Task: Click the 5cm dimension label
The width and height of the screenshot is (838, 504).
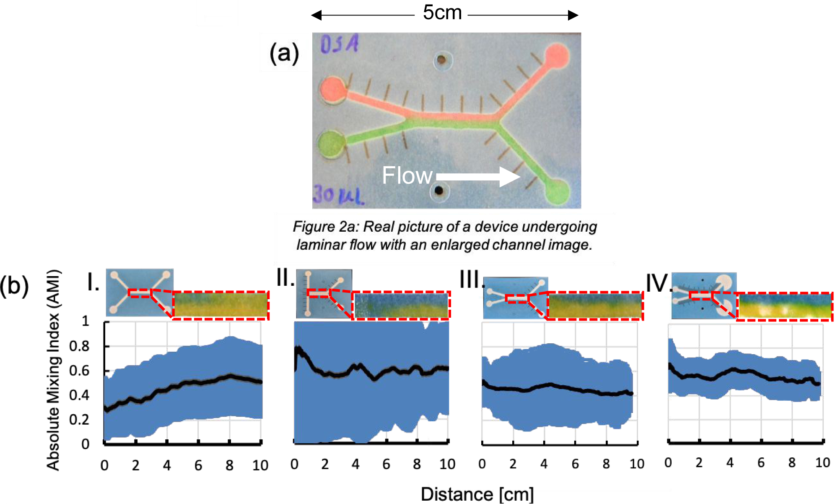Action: [442, 13]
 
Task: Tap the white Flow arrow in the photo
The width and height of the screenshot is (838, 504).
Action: [478, 176]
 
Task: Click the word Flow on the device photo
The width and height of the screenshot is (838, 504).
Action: [407, 175]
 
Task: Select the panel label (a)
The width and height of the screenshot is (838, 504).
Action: [284, 54]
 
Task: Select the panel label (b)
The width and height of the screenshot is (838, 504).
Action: [14, 286]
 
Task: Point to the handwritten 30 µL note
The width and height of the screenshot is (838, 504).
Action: [338, 195]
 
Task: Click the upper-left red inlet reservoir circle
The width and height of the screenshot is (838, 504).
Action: [333, 89]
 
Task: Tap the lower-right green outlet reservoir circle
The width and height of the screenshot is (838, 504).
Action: [558, 191]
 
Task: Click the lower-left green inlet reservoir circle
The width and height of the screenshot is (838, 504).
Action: [331, 144]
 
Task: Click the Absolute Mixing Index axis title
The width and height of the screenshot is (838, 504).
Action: [53, 369]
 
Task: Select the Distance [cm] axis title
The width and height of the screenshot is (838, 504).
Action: [477, 494]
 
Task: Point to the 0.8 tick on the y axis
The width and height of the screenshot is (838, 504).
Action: [79, 347]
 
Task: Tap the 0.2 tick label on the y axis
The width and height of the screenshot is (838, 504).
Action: [79, 420]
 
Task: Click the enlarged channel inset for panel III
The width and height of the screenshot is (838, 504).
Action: [595, 306]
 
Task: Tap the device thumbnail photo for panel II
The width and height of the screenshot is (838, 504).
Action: [324, 293]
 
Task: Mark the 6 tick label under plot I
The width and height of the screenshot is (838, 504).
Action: [198, 465]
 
